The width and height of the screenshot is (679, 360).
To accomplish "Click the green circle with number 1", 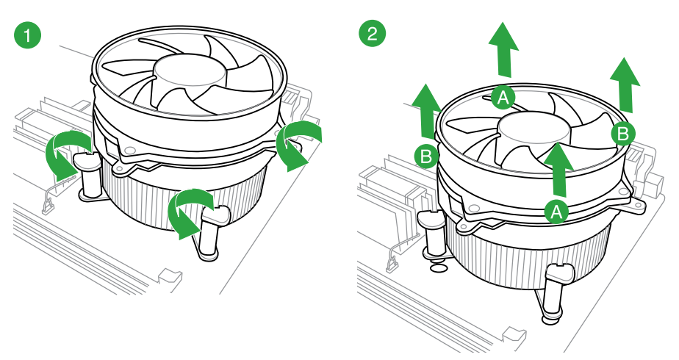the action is pyautogui.click(x=27, y=35).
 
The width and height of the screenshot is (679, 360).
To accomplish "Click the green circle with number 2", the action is pyautogui.click(x=372, y=33).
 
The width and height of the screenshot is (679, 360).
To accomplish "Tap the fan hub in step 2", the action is pyautogui.click(x=533, y=127).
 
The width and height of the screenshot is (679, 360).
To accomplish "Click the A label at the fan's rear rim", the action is pyautogui.click(x=503, y=98).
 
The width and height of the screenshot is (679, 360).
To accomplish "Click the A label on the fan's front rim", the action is pyautogui.click(x=556, y=212).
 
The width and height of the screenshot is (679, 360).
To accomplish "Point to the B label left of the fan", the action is pyautogui.click(x=426, y=156).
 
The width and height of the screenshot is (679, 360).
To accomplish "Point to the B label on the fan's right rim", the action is pyautogui.click(x=622, y=134).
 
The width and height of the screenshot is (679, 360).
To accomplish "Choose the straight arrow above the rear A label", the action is pyautogui.click(x=503, y=50).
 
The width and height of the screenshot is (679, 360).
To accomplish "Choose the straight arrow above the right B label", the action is pyautogui.click(x=625, y=85).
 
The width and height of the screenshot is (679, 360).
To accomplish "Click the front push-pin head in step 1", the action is pyautogui.click(x=216, y=213).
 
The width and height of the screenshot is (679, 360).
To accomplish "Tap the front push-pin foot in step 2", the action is pyautogui.click(x=551, y=320).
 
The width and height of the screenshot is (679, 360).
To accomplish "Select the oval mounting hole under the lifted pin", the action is pyautogui.click(x=438, y=268).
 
